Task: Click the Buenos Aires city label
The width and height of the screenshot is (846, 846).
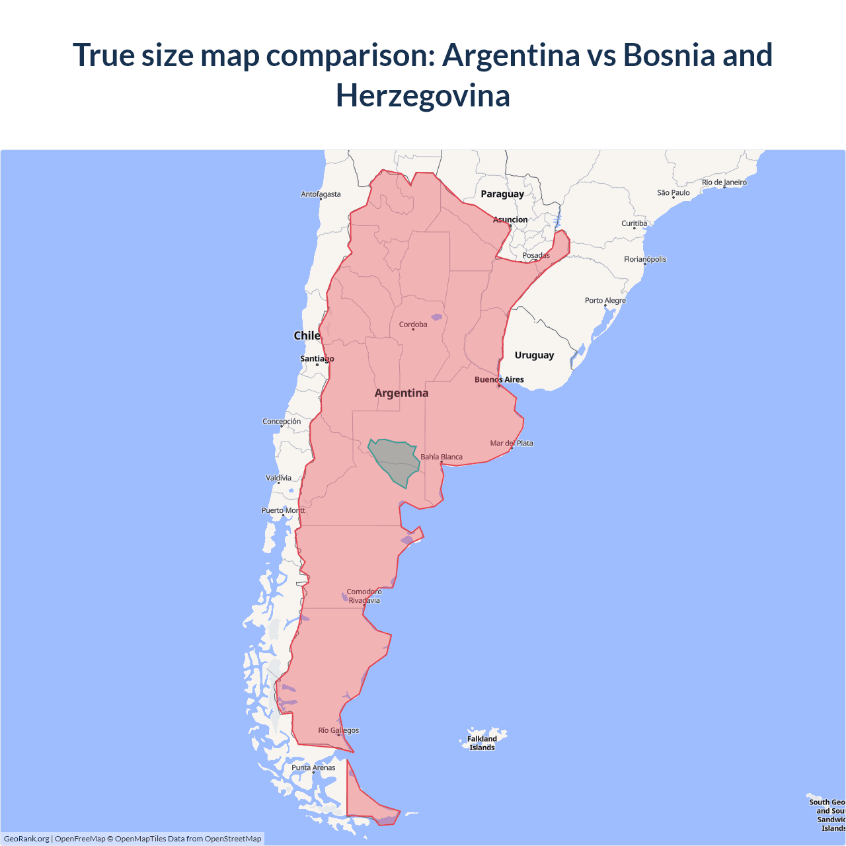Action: pos(499,379)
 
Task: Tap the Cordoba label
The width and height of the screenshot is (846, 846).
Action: pos(413,325)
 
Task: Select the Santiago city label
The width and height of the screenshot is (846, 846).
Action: pos(317,359)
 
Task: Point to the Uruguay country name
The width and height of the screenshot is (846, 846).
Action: pos(534,355)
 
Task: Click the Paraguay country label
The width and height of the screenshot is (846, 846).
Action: pos(502,194)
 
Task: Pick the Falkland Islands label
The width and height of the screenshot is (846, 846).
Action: pos(482,743)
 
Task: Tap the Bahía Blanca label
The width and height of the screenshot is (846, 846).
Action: pos(442,457)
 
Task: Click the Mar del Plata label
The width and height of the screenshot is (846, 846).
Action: pos(512,443)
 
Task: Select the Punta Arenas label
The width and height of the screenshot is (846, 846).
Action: pos(313,767)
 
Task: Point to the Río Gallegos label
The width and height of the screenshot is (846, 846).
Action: pos(338,730)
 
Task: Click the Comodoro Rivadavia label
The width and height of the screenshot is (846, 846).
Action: pos(364,596)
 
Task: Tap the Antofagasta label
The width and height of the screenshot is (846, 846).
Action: pos(321,194)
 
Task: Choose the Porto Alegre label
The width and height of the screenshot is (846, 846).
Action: pos(605,300)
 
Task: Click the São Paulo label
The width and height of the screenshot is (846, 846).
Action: pos(673,193)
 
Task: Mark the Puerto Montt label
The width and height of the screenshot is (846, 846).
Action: pos(284,510)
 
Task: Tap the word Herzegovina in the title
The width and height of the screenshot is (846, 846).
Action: pos(423,95)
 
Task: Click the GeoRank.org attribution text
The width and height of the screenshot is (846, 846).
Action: pos(26,839)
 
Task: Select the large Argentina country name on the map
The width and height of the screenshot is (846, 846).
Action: pos(401,393)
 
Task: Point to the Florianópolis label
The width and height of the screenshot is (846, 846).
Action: pos(645,259)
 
